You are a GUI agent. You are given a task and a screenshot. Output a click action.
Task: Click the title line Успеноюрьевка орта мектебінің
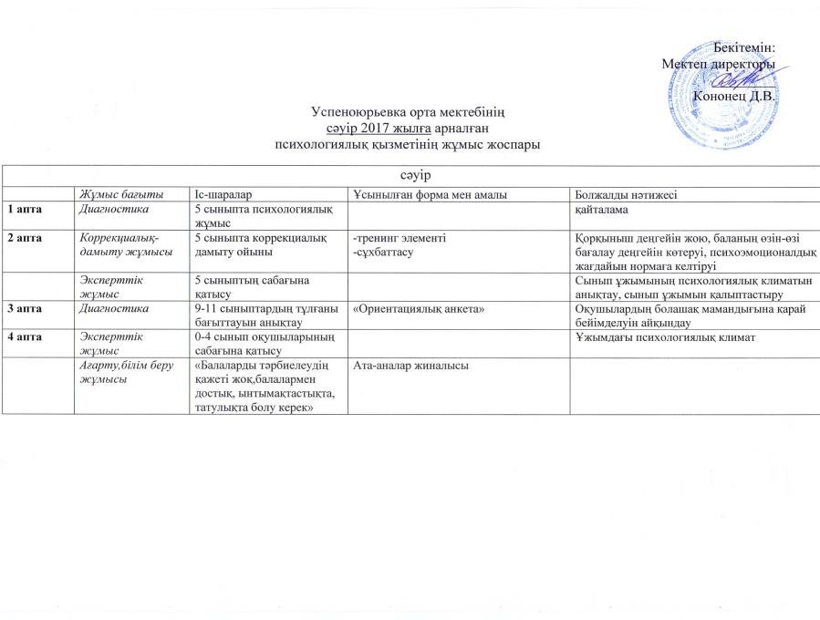click(x=408, y=112)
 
